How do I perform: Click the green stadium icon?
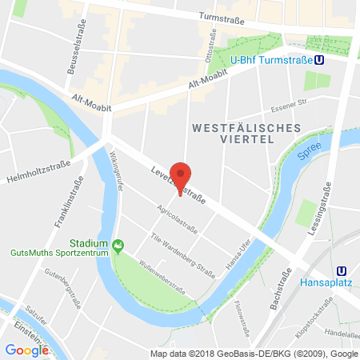(118, 244)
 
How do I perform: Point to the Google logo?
(26, 350)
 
